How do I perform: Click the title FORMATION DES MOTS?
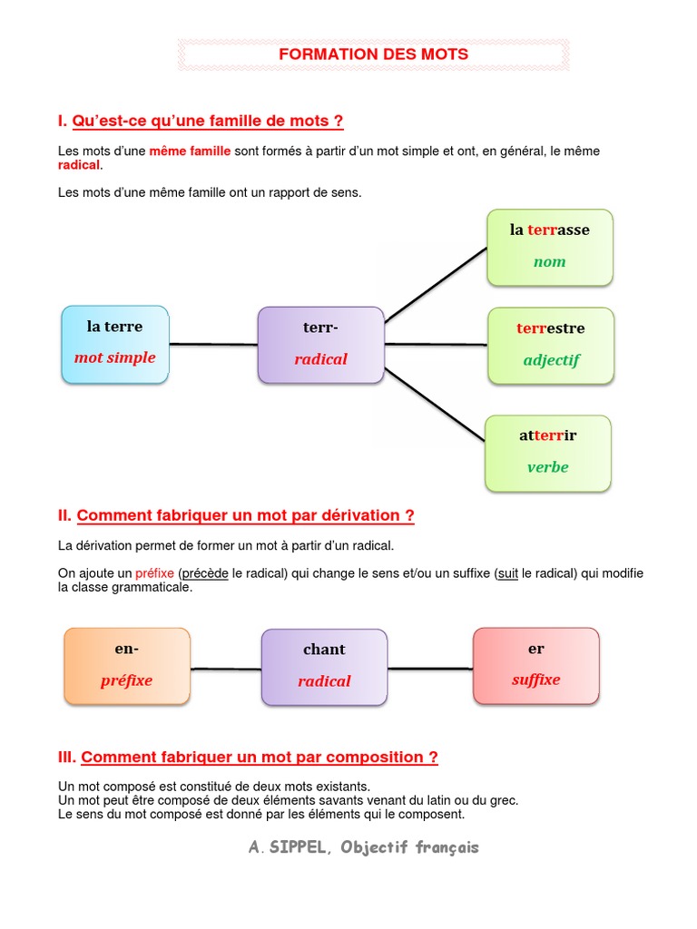(373, 54)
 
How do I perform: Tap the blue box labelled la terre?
(115, 345)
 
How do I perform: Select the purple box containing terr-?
(320, 345)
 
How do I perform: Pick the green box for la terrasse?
(550, 247)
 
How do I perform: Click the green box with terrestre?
(551, 345)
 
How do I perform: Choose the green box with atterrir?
(548, 453)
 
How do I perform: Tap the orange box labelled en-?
(127, 666)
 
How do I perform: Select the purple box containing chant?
(324, 667)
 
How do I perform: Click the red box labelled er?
(536, 665)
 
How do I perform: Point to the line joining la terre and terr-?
(213, 344)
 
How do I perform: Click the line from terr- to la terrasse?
(436, 285)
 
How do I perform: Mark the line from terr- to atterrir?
(436, 405)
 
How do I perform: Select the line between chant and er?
(430, 669)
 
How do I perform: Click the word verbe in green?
(548, 467)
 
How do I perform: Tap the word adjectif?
(551, 360)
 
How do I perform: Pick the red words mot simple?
(115, 357)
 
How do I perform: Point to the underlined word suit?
(508, 573)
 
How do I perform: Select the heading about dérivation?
(245, 515)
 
